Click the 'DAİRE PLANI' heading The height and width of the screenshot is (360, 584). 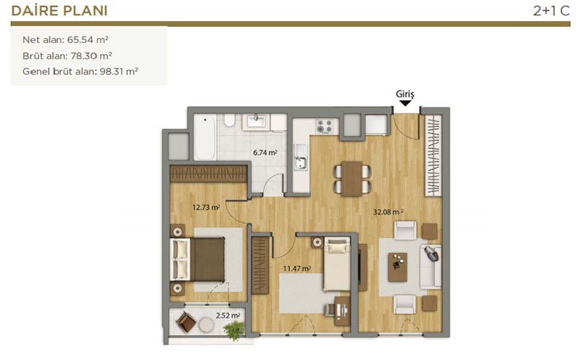[x=59, y=11]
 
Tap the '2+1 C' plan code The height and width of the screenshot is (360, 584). [x=551, y=11]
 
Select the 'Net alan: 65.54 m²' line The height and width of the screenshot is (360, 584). [x=66, y=39]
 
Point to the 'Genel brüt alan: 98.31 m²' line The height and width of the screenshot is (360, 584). [x=80, y=71]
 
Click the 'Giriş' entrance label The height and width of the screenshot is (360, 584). [x=405, y=94]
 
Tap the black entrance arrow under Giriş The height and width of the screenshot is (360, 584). [x=405, y=103]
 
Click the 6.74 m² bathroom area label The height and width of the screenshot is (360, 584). [x=265, y=153]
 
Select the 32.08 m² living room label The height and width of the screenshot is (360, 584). [x=388, y=212]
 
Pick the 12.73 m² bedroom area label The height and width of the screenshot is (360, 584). [x=206, y=207]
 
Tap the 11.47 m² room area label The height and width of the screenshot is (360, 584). [x=297, y=268]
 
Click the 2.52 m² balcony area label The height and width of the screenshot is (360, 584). [x=228, y=315]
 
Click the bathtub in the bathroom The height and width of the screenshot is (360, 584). [x=204, y=137]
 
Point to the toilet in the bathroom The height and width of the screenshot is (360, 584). [x=229, y=120]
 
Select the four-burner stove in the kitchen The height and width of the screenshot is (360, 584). [x=324, y=126]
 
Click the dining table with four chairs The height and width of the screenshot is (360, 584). [x=352, y=178]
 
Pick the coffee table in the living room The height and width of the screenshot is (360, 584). [x=397, y=267]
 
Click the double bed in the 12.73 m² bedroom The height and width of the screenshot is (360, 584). [x=198, y=259]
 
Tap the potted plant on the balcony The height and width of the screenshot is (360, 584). [x=234, y=330]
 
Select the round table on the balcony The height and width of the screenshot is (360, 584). [x=207, y=325]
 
